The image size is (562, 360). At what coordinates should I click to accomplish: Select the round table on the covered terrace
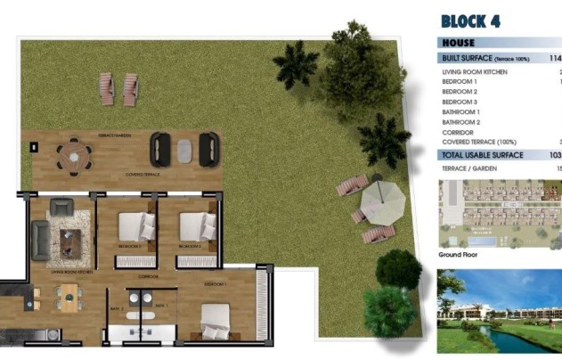(69, 154)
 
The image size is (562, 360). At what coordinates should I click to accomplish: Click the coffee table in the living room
(70, 238)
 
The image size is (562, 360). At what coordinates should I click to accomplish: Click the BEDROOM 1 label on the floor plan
(216, 284)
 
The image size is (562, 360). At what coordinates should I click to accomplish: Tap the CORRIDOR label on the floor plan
(149, 277)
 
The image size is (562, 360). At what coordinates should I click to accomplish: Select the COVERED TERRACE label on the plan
(143, 175)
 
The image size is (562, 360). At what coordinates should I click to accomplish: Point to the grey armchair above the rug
(61, 207)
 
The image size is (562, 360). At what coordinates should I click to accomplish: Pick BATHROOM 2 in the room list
(461, 122)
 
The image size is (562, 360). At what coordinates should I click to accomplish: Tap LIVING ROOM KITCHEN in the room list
(475, 71)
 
